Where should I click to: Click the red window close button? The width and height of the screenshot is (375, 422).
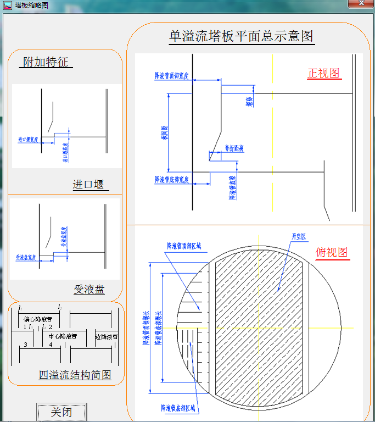[360, 4]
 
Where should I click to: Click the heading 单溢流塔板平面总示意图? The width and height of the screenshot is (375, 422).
[242, 36]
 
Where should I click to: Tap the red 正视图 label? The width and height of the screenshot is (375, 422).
[324, 73]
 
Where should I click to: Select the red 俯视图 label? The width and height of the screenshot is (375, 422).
[332, 253]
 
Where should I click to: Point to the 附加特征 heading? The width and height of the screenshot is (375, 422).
[46, 62]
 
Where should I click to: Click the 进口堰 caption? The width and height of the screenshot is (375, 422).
[88, 185]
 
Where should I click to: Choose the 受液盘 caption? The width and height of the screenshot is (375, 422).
[89, 289]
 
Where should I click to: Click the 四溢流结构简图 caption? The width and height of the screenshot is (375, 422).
[75, 375]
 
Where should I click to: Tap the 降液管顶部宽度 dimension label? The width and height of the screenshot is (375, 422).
[171, 76]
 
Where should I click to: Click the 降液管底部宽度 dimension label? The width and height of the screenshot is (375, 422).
[171, 179]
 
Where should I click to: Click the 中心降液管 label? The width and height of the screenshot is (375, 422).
[63, 336]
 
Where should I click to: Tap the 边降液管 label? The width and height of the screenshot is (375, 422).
[107, 336]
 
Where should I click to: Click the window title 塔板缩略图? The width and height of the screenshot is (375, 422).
[31, 5]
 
